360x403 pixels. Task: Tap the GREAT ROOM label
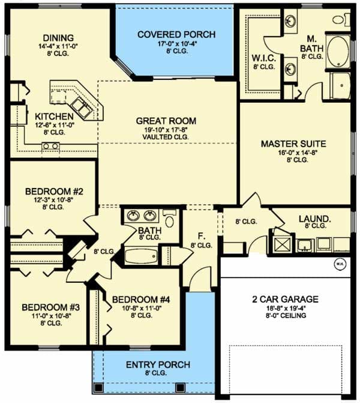pos(166,121)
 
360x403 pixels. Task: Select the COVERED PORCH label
pos(176,34)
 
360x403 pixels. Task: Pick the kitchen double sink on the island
pos(82,108)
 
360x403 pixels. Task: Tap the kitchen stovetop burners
pos(50,146)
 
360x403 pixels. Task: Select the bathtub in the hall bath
pos(141,256)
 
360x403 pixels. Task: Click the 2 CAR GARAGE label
pos(285,299)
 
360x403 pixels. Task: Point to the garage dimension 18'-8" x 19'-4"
pos(285,308)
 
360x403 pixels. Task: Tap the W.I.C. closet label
pos(264,58)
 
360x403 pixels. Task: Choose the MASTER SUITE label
pos(293,144)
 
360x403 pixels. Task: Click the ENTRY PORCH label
pos(158,365)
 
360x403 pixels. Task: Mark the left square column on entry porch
pos(98,387)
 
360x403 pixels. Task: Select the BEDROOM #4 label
pos(141,300)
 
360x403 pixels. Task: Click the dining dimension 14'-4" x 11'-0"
pos(58,46)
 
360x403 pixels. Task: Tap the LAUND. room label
pos(315,219)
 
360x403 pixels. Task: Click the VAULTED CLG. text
pos(166,137)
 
